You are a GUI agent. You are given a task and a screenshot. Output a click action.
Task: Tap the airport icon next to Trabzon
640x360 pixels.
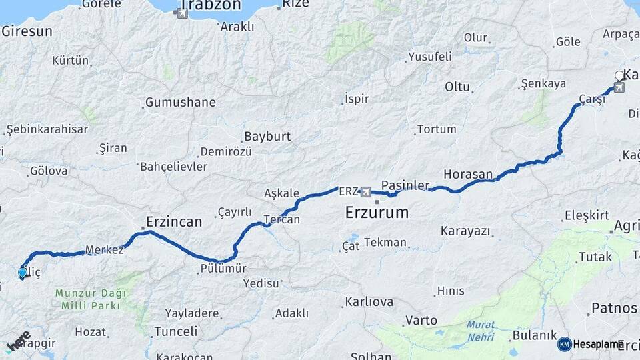click(x=182, y=13)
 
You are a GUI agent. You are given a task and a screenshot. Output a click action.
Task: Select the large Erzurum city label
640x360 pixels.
click(x=377, y=213)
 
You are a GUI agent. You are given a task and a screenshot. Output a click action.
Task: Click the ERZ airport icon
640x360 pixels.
click(x=365, y=193)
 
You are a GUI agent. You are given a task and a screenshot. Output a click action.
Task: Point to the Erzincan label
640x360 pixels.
click(x=174, y=221)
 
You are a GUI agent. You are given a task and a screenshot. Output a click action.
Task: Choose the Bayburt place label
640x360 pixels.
click(x=267, y=136)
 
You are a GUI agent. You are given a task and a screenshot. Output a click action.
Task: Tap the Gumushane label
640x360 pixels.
click(x=180, y=103)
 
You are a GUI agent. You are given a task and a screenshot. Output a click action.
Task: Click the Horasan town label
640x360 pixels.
click(x=467, y=173)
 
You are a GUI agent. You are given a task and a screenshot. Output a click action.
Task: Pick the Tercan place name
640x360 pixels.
click(x=281, y=219)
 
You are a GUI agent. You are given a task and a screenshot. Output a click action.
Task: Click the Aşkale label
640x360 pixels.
click(x=282, y=193)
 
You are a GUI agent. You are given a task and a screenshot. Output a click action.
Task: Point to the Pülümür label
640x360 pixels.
click(x=223, y=269)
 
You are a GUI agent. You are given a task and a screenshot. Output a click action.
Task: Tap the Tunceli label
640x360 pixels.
click(x=175, y=331)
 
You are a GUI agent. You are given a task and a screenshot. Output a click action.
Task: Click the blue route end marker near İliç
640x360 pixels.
click(x=22, y=272)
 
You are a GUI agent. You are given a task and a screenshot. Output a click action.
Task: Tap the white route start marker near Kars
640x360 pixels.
click(x=619, y=75)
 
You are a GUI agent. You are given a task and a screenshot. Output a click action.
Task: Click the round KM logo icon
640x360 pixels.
click(x=565, y=344)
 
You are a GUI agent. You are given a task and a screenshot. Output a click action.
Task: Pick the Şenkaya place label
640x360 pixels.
click(x=543, y=84)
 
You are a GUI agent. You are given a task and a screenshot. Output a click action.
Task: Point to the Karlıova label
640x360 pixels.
click(x=369, y=302)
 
